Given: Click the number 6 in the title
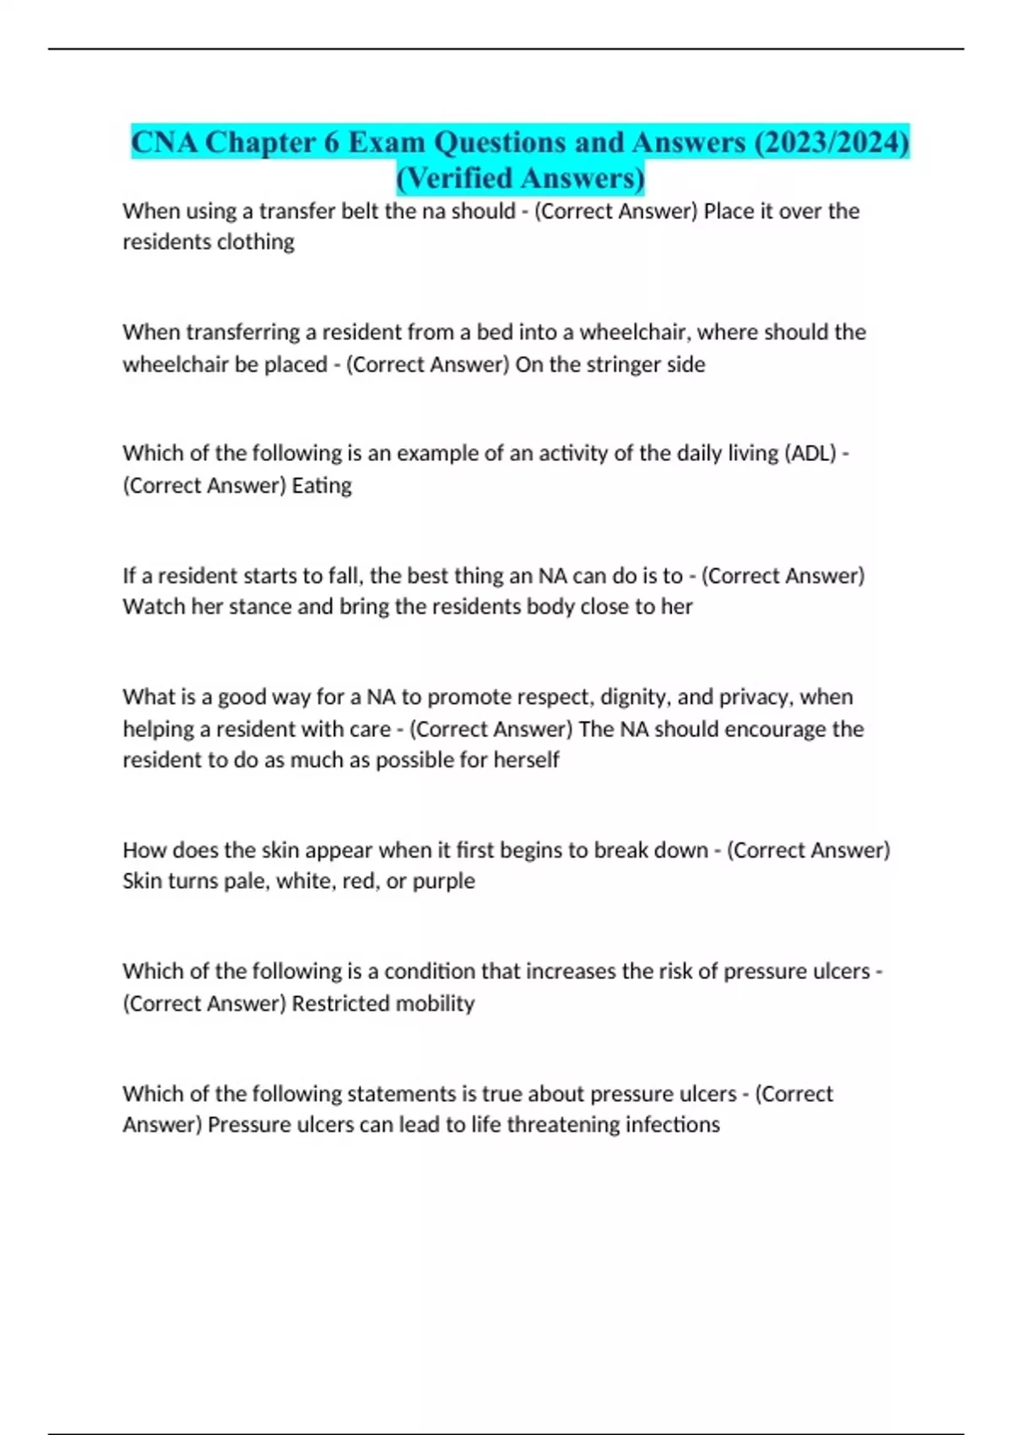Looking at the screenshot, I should (x=331, y=142).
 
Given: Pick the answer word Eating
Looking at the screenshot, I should (x=322, y=485).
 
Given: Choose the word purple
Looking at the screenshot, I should (x=443, y=881).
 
